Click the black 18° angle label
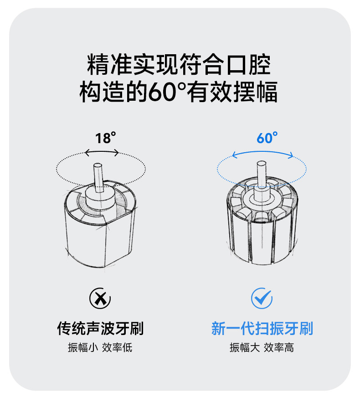click(x=106, y=138)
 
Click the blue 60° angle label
click(x=267, y=138)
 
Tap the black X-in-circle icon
click(x=100, y=298)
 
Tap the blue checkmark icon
click(x=262, y=298)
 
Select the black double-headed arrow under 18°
click(x=102, y=151)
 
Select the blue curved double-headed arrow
click(x=262, y=152)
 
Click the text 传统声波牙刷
click(x=100, y=328)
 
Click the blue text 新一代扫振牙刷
click(x=262, y=328)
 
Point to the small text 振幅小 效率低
click(x=100, y=348)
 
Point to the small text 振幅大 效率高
click(x=262, y=348)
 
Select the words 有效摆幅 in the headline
click(x=232, y=92)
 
